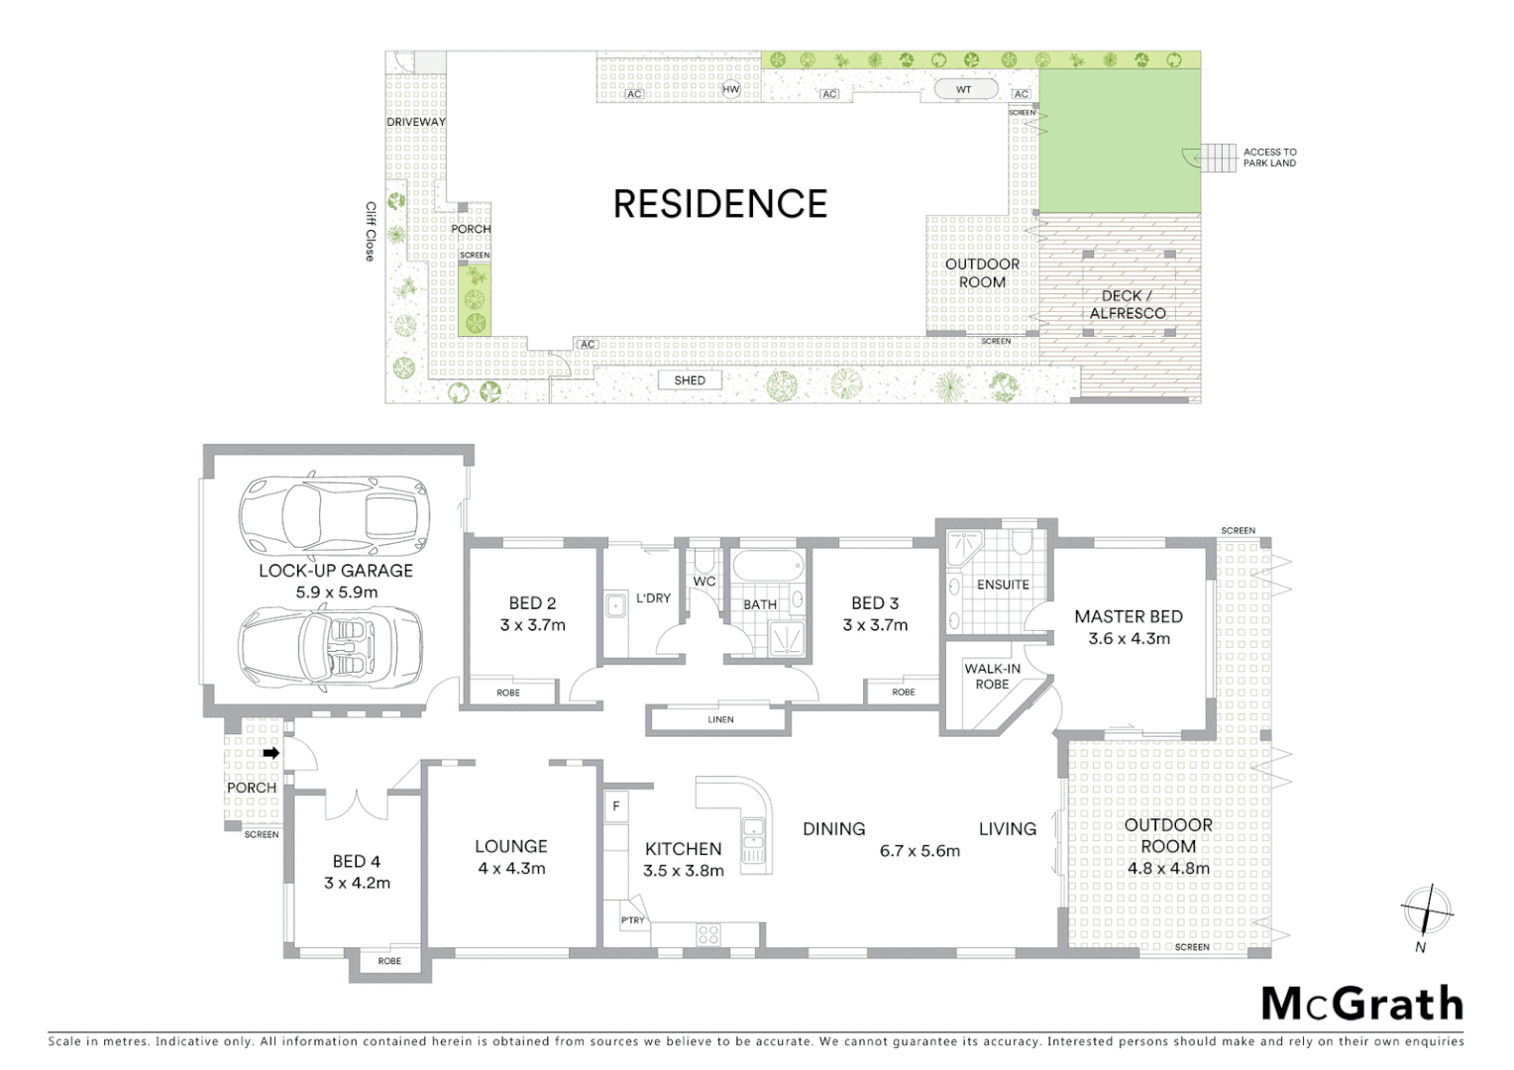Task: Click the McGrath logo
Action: tap(1361, 1004)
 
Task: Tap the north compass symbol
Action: tap(1425, 910)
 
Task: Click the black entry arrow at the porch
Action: tap(270, 753)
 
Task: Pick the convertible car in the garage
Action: tap(330, 645)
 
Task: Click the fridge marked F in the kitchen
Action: tap(616, 806)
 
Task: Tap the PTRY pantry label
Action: tap(632, 920)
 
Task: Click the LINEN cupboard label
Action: tap(720, 719)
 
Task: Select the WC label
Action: tap(704, 582)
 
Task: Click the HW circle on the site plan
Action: tap(731, 89)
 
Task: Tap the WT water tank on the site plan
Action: tap(963, 89)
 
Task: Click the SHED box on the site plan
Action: tap(690, 380)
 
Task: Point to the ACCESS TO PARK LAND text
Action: tap(1269, 158)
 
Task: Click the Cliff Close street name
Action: tap(371, 232)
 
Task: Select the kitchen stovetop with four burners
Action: tap(707, 934)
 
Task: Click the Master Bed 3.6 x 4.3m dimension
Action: tap(1129, 639)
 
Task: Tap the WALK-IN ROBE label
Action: tap(992, 677)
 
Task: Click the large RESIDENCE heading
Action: tap(719, 204)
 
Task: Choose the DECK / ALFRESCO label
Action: tap(1127, 304)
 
